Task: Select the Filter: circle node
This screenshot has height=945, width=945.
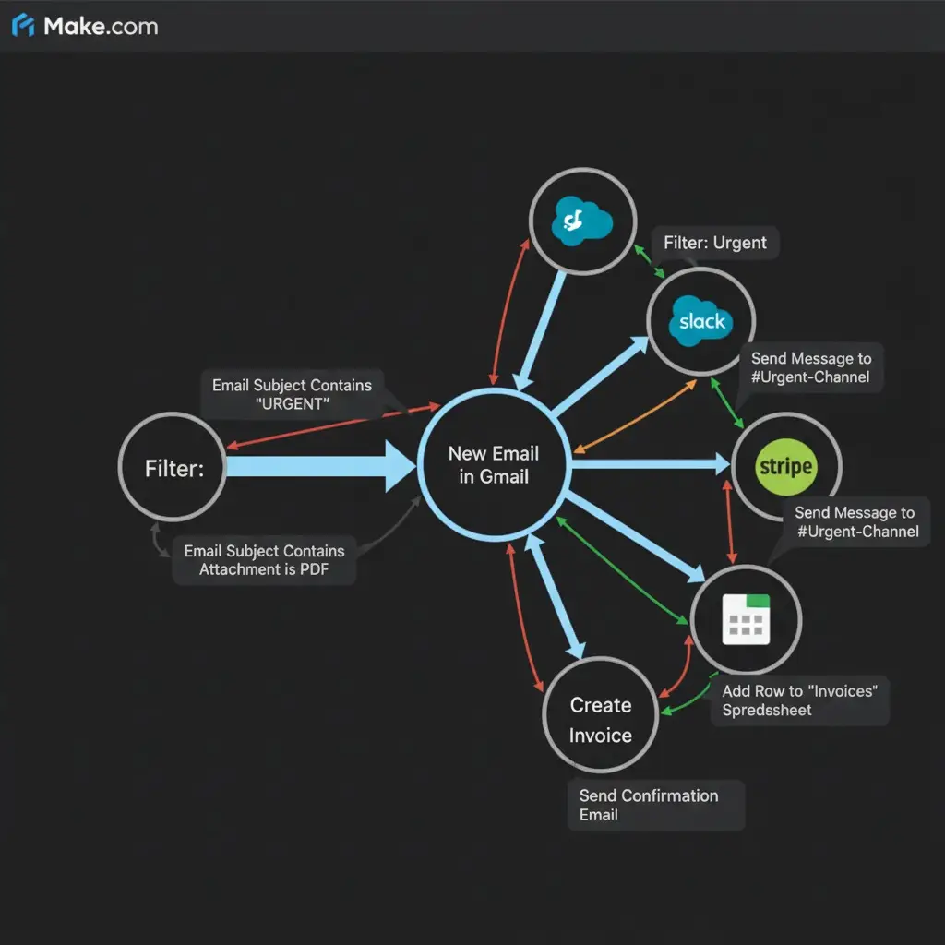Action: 173,468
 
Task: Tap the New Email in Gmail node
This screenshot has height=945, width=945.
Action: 493,464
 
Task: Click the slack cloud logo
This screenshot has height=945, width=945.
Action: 701,320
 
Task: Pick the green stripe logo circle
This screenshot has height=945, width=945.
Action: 785,466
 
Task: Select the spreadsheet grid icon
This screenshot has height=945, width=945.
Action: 746,618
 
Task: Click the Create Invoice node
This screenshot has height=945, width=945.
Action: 601,720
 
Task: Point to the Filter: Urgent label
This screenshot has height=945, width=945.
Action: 715,243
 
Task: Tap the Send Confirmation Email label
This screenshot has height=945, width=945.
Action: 648,805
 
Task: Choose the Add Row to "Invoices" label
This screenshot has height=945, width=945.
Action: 800,700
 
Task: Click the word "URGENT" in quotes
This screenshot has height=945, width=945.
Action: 292,404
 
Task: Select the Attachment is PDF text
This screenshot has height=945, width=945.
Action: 264,569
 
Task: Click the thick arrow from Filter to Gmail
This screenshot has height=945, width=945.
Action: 318,466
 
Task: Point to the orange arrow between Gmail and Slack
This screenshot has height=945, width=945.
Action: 637,415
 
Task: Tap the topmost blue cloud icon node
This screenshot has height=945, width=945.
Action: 582,221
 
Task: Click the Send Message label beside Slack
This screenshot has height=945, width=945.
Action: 810,367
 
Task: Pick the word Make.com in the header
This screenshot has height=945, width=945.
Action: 101,26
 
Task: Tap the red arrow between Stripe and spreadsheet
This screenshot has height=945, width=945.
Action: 733,521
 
